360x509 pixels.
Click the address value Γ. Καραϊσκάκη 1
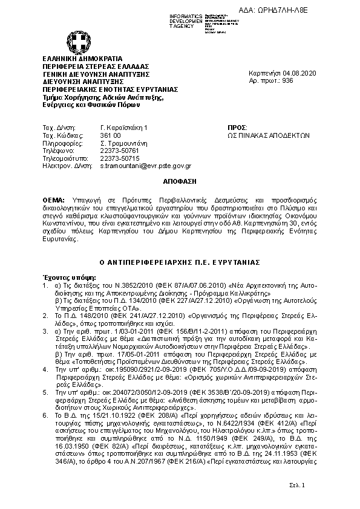click(123, 128)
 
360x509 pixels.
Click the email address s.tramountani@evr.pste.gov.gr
click(145, 166)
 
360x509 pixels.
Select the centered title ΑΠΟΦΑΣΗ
click(180, 181)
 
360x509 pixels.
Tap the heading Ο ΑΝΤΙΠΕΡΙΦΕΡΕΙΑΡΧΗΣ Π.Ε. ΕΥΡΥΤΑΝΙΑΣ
click(180, 262)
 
